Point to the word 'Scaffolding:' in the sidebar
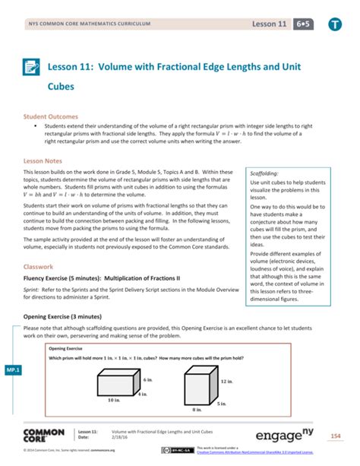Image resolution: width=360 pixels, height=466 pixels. tap(265, 173)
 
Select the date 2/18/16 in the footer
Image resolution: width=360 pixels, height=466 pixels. tap(121, 437)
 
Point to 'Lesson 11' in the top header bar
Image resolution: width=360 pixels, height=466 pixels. tap(270, 24)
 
